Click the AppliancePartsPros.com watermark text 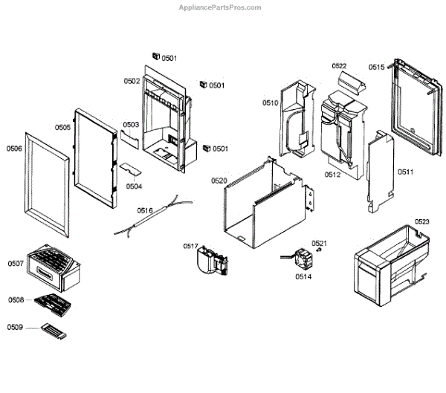[222, 7]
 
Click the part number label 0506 [15, 149]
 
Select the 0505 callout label [62, 127]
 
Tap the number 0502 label [132, 81]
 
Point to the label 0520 [219, 181]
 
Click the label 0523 [421, 221]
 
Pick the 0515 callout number [376, 68]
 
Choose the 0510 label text [270, 103]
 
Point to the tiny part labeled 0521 [318, 251]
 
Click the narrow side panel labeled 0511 [381, 170]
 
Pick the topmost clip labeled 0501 [156, 56]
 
